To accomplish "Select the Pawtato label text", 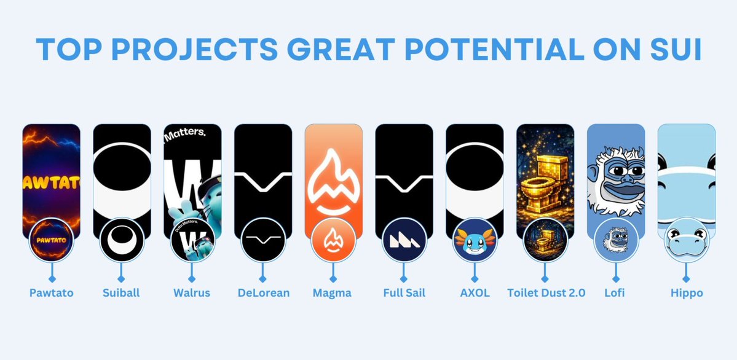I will [x=51, y=293].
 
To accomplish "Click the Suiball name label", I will [x=121, y=293].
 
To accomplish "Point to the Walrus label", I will [x=192, y=293].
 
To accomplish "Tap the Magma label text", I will [x=333, y=293].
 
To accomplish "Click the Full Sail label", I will [x=403, y=293].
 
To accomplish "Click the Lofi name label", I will [x=615, y=293].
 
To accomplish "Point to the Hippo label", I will [x=687, y=293].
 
